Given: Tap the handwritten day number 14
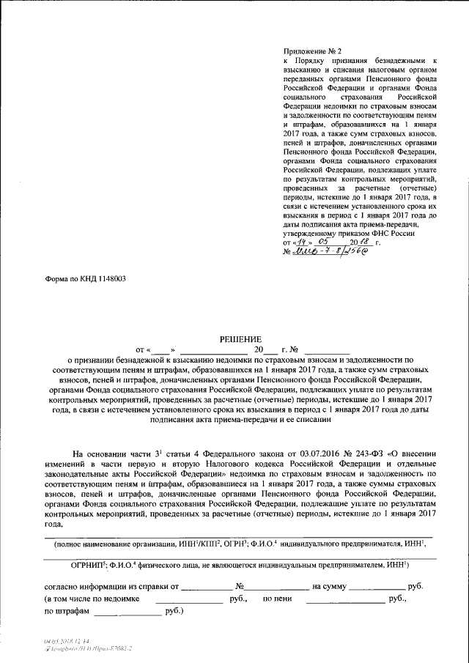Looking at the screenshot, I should coord(300,241).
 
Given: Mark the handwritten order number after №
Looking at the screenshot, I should coord(329,253).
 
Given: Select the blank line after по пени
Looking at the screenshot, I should coord(344,599).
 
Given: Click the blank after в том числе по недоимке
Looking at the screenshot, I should coord(188,599).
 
